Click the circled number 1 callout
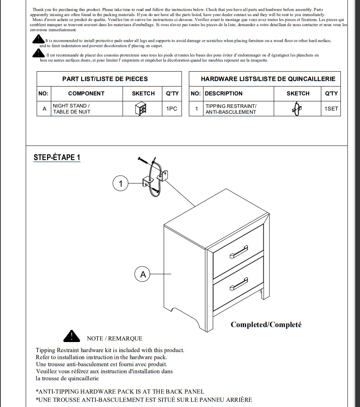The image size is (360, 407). point(121,183)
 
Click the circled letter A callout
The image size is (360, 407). point(143,274)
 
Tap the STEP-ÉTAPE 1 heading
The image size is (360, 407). point(57,157)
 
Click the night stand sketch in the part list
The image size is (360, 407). point(141,109)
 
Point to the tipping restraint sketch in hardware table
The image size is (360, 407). point(297,109)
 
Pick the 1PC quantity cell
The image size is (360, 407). point(172,109)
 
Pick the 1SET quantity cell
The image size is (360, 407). point(331,109)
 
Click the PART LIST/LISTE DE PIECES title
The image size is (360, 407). point(105,79)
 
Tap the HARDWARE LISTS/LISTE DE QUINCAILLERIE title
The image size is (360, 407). point(268,79)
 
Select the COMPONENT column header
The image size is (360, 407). point(86,94)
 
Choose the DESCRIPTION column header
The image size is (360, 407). point(224,94)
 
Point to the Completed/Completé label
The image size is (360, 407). point(266,325)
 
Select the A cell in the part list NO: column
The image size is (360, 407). point(44,109)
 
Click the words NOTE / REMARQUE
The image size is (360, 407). point(114,339)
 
